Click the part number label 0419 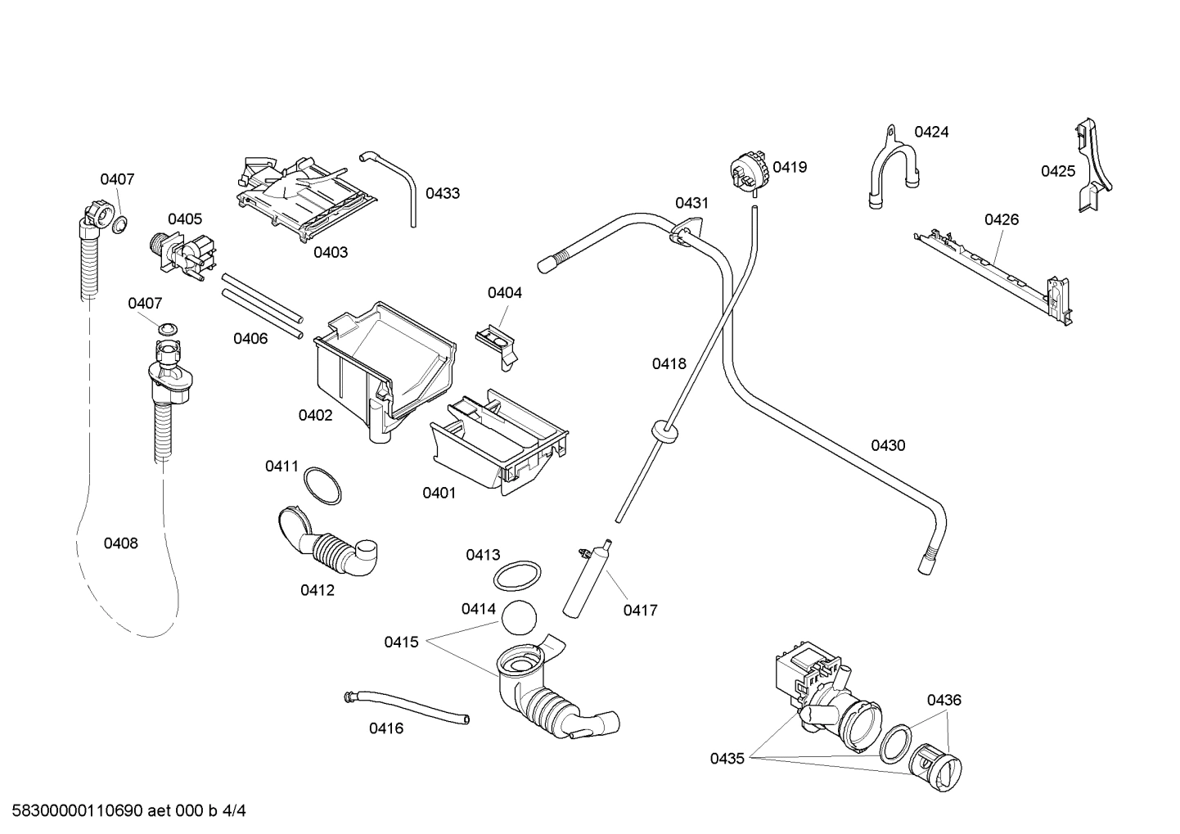tap(790, 167)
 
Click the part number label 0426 tap(1001, 219)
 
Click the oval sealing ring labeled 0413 tap(516, 575)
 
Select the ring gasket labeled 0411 tap(322, 485)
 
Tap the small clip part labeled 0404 tap(497, 340)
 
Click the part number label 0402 tap(315, 415)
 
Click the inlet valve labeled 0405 tap(184, 254)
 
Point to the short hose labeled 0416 tap(406, 706)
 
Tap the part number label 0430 tap(888, 445)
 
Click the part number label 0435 tap(727, 759)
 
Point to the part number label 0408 tap(120, 543)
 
